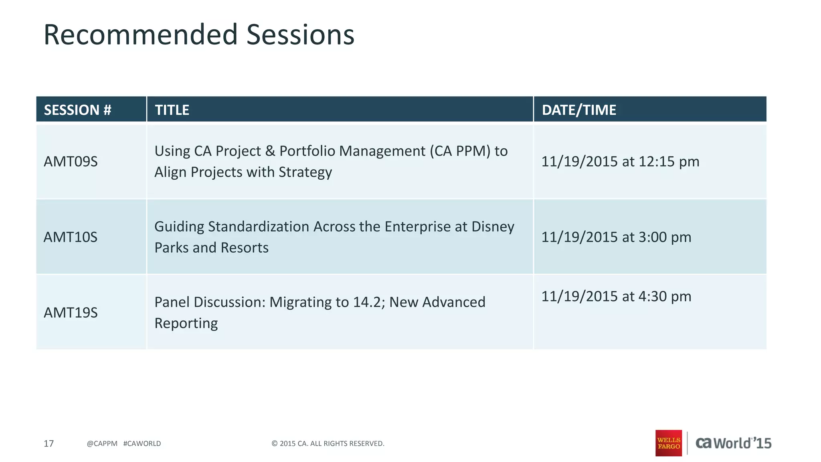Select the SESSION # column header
[77, 110]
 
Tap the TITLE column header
[172, 110]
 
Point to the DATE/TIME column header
[578, 110]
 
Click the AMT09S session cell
[71, 162]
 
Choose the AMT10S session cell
[71, 237]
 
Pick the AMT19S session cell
[71, 312]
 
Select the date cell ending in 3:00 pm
[616, 237]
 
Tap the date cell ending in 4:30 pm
[616, 296]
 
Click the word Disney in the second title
[493, 227]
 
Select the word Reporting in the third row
[186, 323]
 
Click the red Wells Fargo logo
[668, 443]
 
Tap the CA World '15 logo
[733, 443]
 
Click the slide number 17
[49, 444]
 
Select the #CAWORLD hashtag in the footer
[142, 444]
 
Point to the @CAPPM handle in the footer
[102, 444]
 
